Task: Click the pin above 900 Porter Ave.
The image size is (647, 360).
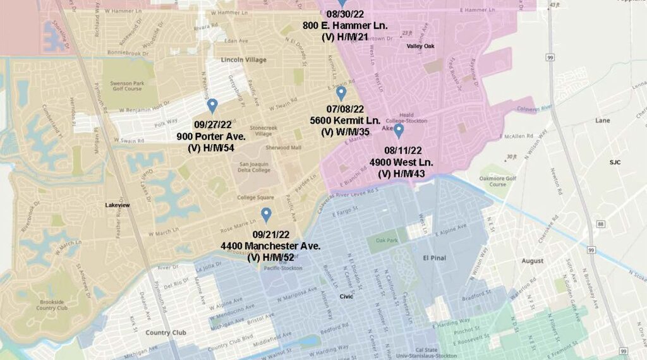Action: [212, 105]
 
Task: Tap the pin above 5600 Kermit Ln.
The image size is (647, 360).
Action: [341, 93]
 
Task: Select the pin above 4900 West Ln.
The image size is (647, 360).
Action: [399, 130]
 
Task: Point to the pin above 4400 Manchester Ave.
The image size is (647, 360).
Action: [266, 215]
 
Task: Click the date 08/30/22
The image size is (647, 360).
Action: [344, 13]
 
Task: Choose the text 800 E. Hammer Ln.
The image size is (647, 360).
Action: [344, 25]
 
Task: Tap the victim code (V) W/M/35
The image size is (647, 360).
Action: [345, 131]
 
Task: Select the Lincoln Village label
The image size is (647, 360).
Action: [243, 60]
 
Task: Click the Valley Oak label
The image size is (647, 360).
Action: [420, 46]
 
